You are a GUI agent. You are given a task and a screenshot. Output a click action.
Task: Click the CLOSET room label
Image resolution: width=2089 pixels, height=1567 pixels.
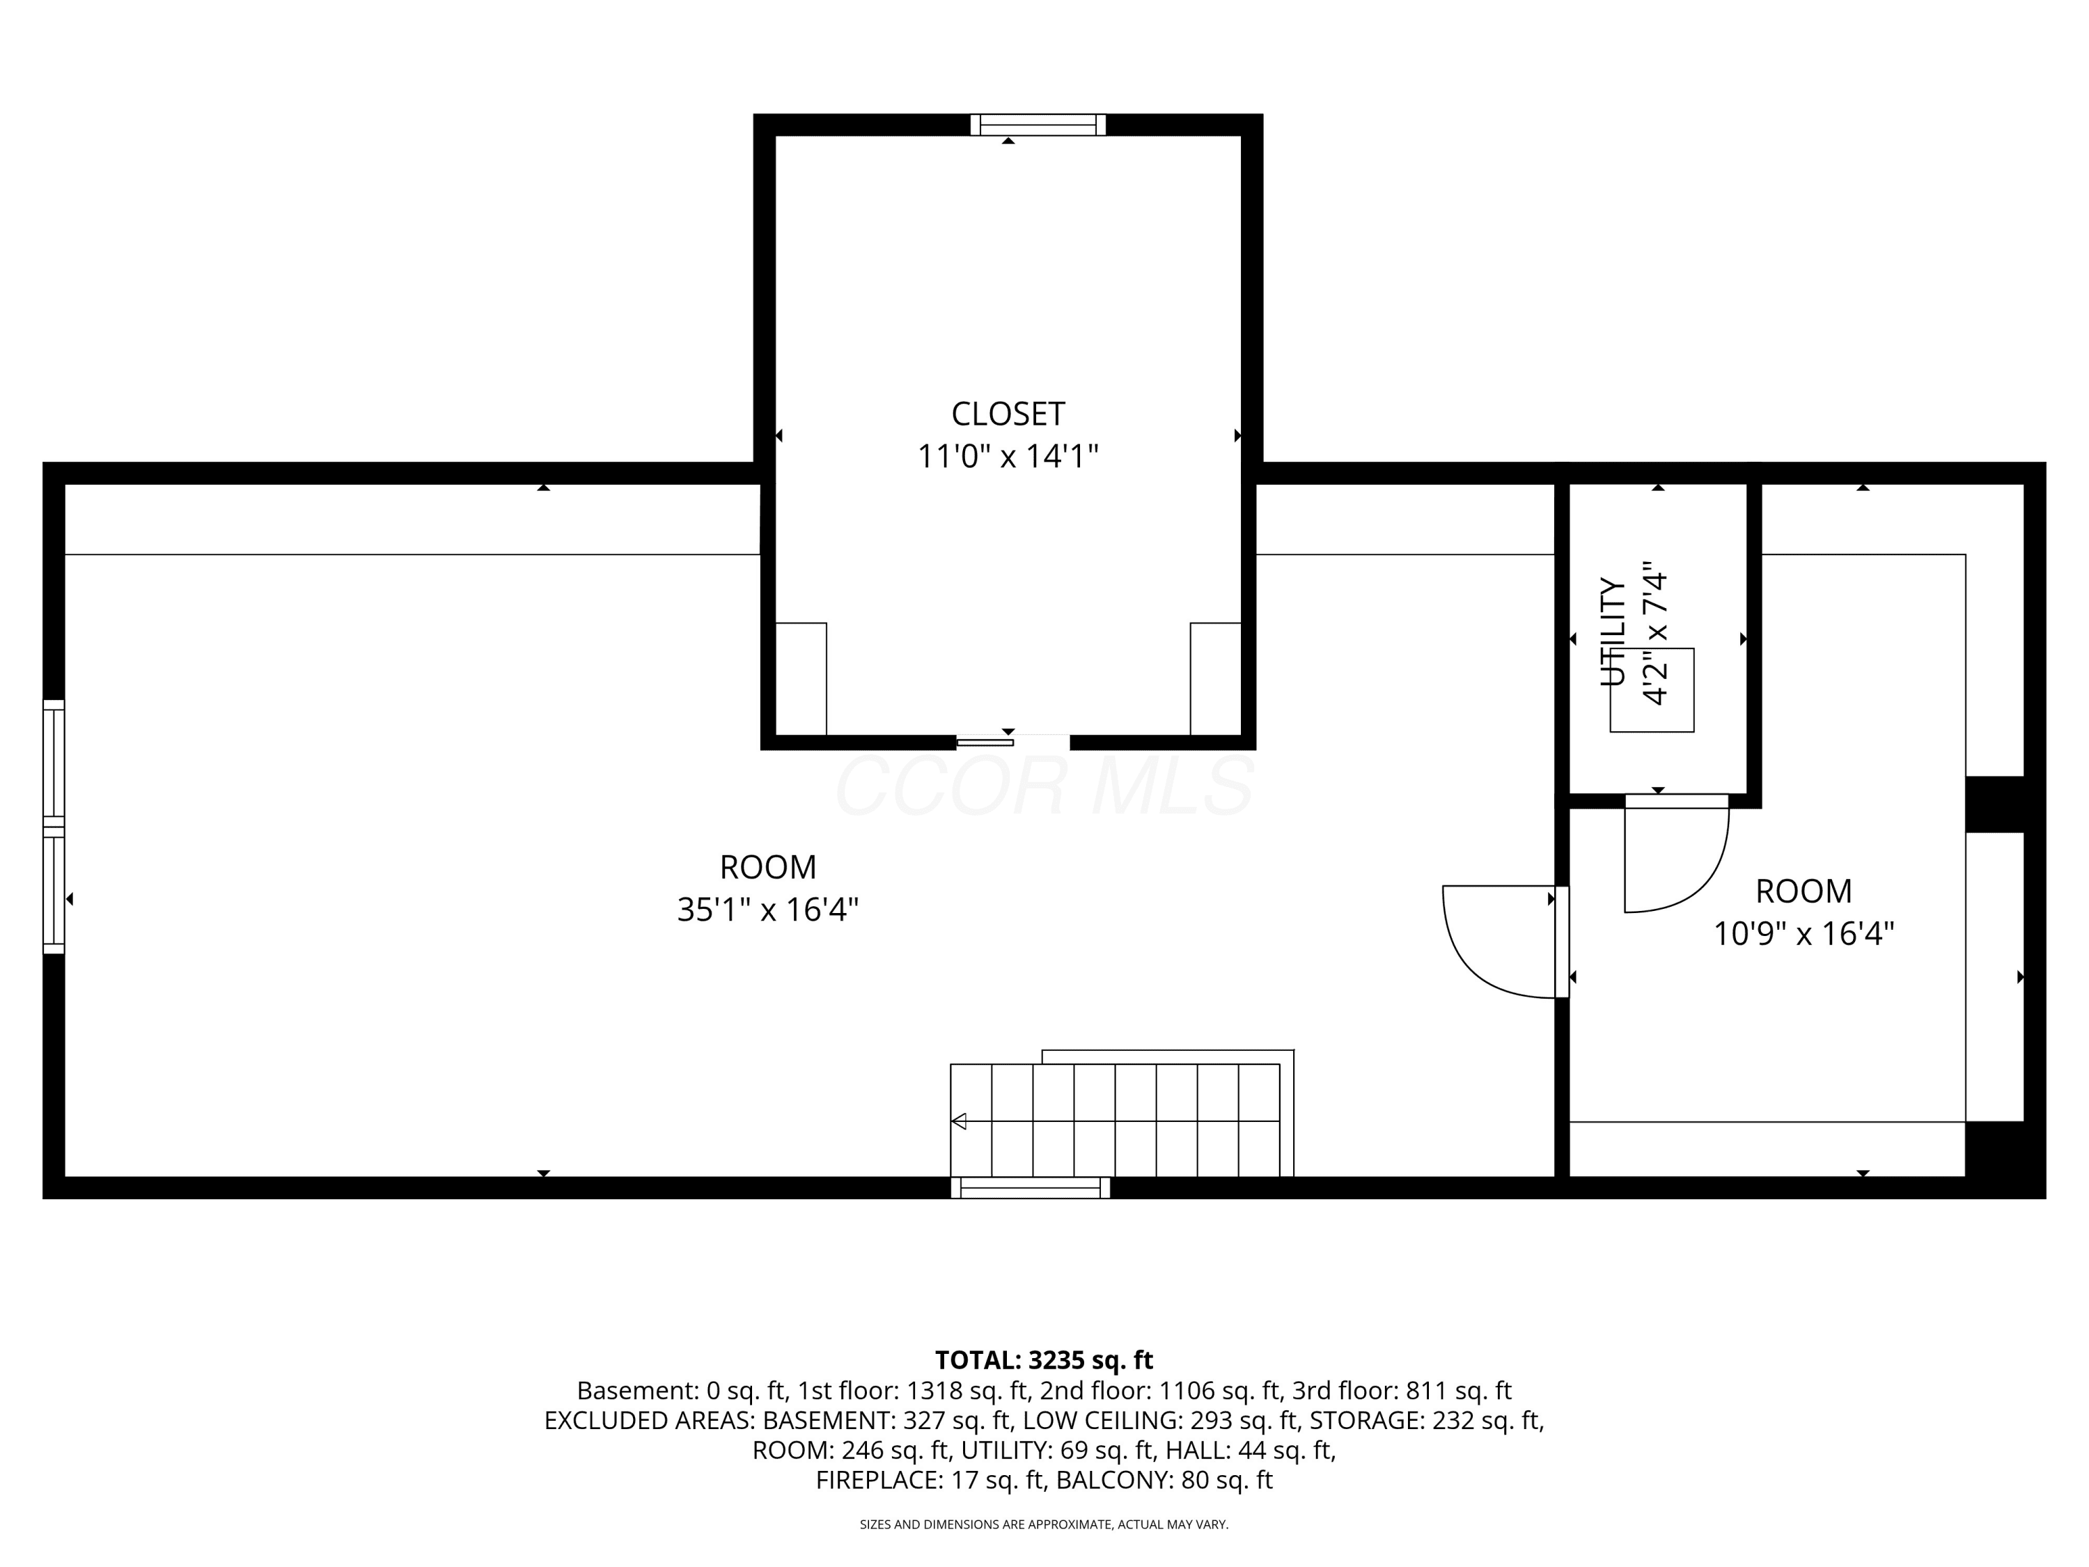pos(1008,414)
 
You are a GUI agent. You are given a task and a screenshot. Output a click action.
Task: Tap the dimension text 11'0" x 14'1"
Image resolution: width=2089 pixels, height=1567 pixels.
pos(1008,456)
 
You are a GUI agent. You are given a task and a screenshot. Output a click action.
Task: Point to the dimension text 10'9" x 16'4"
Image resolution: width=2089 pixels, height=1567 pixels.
pos(1804,934)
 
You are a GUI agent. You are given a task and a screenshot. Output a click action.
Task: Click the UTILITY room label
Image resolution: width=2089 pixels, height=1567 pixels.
pos(1613,632)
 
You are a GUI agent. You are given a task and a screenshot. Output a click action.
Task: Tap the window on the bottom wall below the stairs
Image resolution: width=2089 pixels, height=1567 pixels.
pos(1031,1187)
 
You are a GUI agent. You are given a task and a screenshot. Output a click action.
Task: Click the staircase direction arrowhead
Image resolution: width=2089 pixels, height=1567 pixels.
pos(959,1121)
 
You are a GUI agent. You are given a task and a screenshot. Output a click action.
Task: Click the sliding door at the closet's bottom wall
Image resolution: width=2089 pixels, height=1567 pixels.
pos(985,742)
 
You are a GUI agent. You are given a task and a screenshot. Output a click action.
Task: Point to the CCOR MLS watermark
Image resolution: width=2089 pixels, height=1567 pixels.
pos(1044,786)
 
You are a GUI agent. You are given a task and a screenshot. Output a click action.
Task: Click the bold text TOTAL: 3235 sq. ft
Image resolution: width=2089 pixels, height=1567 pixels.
pos(1044,1360)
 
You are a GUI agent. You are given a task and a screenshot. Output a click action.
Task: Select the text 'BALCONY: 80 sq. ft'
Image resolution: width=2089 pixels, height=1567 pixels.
pos(1164,1480)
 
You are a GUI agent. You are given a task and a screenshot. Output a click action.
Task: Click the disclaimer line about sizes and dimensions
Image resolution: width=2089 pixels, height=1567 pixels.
pos(1044,1525)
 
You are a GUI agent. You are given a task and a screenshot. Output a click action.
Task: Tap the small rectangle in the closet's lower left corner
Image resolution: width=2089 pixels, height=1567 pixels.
pos(801,678)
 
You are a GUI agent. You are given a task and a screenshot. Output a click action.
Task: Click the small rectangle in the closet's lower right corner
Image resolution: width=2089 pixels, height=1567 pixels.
pos(1215,678)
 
